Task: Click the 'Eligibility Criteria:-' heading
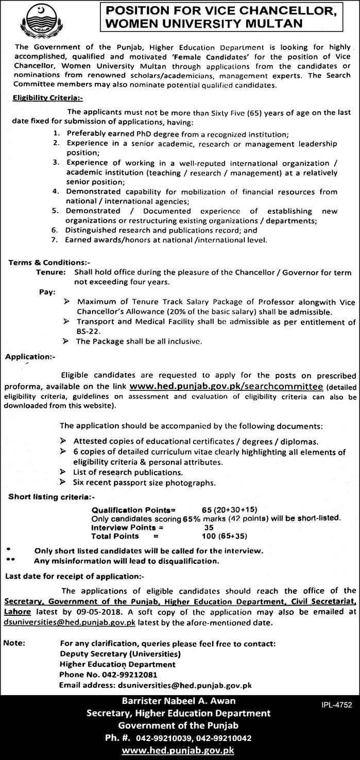click(x=43, y=96)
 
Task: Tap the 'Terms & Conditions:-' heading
click(x=42, y=263)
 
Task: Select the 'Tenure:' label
click(x=51, y=272)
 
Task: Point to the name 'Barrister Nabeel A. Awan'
click(x=179, y=701)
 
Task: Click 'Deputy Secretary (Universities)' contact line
click(x=120, y=654)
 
